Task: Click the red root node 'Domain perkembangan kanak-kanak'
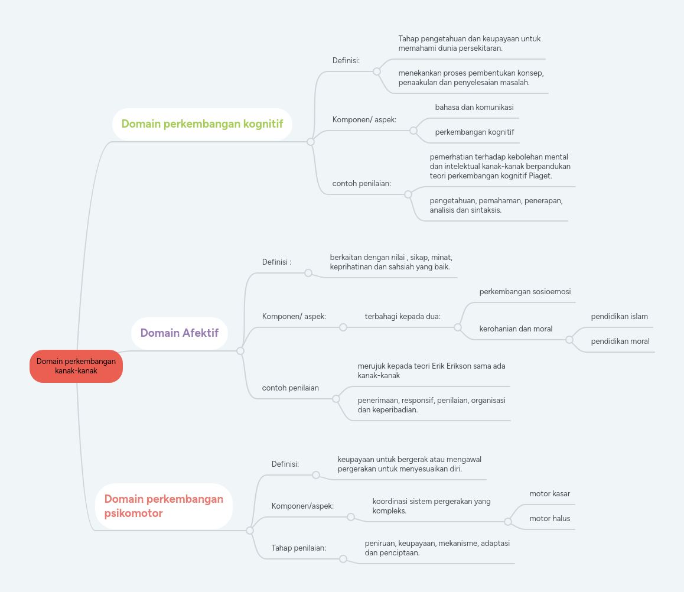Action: point(76,366)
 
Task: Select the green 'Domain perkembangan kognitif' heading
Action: point(202,124)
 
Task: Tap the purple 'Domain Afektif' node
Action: point(180,333)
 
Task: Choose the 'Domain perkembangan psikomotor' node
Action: point(164,506)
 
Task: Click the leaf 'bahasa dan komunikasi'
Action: point(474,108)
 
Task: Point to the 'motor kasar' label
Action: point(550,494)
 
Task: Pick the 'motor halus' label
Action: point(550,519)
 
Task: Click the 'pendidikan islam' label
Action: point(620,317)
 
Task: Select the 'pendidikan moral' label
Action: point(620,341)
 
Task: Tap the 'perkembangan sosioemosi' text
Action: point(525,292)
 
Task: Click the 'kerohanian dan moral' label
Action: point(516,329)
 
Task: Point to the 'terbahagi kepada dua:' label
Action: point(403,317)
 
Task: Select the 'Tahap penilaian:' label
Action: point(299,548)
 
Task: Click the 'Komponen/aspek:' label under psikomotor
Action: point(302,506)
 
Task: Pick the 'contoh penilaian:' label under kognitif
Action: point(361,184)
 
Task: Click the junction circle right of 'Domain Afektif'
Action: point(240,351)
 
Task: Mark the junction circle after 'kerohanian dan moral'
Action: point(569,340)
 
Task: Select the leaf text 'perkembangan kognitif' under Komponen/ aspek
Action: point(475,132)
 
